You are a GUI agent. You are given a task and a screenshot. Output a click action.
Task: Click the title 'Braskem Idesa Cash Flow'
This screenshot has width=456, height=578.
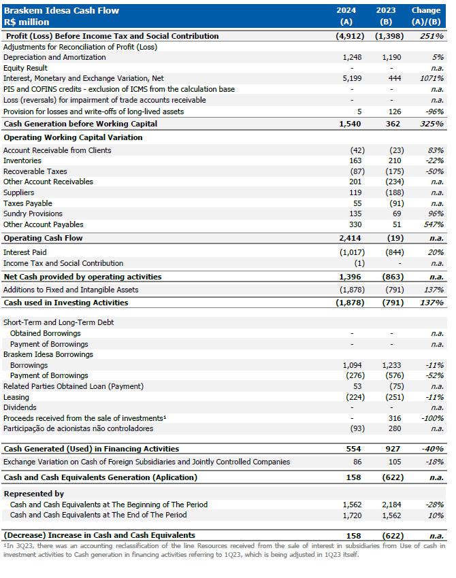pyautogui.click(x=61, y=10)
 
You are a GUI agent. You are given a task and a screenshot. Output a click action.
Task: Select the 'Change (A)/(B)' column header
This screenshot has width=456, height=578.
pyautogui.click(x=426, y=16)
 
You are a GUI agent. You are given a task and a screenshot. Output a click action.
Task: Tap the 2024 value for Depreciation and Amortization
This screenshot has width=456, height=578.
pyautogui.click(x=352, y=58)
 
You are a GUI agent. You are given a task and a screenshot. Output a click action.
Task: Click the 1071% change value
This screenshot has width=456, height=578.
pyautogui.click(x=431, y=79)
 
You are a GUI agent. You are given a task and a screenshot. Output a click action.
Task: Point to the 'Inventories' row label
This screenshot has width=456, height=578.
pyautogui.click(x=22, y=160)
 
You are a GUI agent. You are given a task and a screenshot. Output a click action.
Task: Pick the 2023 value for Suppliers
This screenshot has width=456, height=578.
pyautogui.click(x=392, y=192)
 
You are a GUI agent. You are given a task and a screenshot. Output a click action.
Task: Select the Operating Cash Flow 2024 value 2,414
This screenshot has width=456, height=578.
pyautogui.click(x=350, y=238)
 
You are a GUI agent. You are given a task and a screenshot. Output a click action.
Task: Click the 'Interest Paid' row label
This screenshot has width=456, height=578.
pyautogui.click(x=25, y=252)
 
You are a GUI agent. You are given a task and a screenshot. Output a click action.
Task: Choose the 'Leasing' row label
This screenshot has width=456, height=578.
pyautogui.click(x=16, y=397)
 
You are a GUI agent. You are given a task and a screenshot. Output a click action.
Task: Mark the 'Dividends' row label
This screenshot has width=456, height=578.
pyautogui.click(x=20, y=407)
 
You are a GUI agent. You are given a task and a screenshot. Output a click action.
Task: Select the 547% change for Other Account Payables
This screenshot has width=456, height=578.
pyautogui.click(x=434, y=224)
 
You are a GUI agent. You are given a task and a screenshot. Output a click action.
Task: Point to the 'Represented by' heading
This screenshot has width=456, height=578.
pyautogui.click(x=34, y=494)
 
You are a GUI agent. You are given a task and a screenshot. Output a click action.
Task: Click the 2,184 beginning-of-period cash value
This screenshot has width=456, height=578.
pyautogui.click(x=391, y=505)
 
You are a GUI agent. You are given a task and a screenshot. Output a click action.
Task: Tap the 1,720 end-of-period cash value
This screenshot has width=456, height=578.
pyautogui.click(x=352, y=515)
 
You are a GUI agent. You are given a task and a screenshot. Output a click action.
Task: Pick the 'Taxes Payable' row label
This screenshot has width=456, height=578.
pyautogui.click(x=28, y=203)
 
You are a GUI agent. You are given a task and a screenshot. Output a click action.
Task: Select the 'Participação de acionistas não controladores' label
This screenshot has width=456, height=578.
pyautogui.click(x=78, y=428)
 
